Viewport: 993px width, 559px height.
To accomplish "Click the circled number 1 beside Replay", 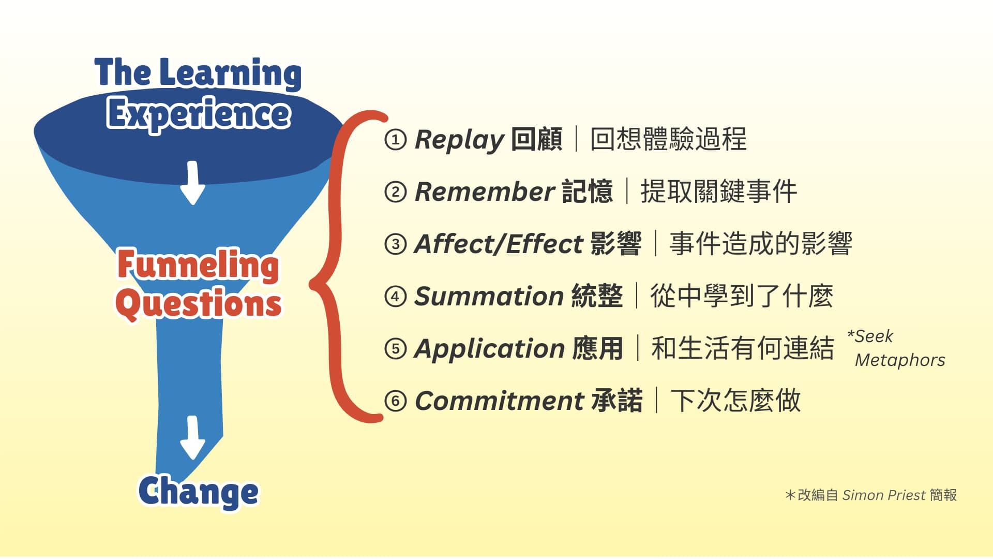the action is (396, 140).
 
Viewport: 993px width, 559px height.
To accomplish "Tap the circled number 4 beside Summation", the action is (396, 297).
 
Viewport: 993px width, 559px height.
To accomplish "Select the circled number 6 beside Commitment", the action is (396, 401).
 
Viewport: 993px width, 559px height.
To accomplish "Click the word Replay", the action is (459, 140).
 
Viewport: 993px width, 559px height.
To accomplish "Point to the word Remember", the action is (485, 192).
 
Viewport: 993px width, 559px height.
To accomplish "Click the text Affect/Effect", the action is (499, 244).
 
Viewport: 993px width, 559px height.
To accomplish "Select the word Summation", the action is (489, 297).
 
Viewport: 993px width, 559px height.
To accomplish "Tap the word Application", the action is (489, 349).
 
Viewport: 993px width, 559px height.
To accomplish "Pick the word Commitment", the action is (500, 401).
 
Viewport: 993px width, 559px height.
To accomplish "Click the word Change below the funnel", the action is (199, 492).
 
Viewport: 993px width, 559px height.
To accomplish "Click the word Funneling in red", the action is (198, 265).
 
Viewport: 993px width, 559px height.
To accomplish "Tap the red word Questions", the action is (199, 304).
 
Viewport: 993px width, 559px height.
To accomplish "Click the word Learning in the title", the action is (231, 73).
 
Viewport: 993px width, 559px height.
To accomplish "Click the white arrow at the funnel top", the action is (193, 183).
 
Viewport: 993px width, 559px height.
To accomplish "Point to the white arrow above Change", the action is (193, 438).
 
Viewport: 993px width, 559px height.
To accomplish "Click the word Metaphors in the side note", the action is (900, 360).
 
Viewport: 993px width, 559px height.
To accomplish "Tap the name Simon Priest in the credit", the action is (884, 495).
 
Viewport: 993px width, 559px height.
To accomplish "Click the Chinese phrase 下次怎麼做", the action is (735, 401).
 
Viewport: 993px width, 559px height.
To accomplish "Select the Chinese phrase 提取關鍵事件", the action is (719, 192).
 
